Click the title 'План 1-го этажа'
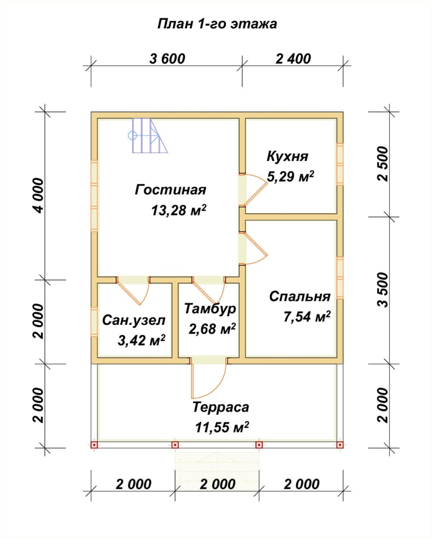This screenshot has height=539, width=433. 217,24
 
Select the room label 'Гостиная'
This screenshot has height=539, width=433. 170,190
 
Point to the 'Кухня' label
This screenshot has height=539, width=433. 287,156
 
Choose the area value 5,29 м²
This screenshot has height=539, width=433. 290,177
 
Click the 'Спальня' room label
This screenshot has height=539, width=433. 300,296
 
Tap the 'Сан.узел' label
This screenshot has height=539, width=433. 134,320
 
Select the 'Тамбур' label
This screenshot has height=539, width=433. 209,308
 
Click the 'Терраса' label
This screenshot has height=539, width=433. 221,408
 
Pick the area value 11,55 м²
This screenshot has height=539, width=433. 222,427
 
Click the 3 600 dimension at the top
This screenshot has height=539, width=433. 167,59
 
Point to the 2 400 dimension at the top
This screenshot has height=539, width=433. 293,59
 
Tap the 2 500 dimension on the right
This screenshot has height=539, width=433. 383,163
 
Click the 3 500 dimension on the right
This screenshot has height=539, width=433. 383,289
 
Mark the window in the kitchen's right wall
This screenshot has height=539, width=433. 340,164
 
